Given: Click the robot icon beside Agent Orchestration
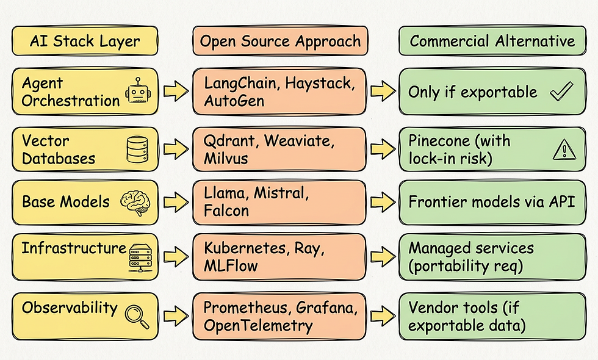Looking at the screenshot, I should tap(138, 92).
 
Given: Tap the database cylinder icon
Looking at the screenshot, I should tap(137, 149).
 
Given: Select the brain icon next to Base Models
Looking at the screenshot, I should tap(137, 202).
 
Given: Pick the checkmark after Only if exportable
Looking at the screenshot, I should tap(561, 92).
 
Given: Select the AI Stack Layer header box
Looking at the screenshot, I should tap(85, 41).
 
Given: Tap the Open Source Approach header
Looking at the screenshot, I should tap(280, 41).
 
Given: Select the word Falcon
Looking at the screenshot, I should tap(226, 211).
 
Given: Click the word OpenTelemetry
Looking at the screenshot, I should tap(258, 326).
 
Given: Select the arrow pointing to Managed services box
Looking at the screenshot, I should tap(383, 257).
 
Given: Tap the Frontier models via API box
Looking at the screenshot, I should tap(492, 202).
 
